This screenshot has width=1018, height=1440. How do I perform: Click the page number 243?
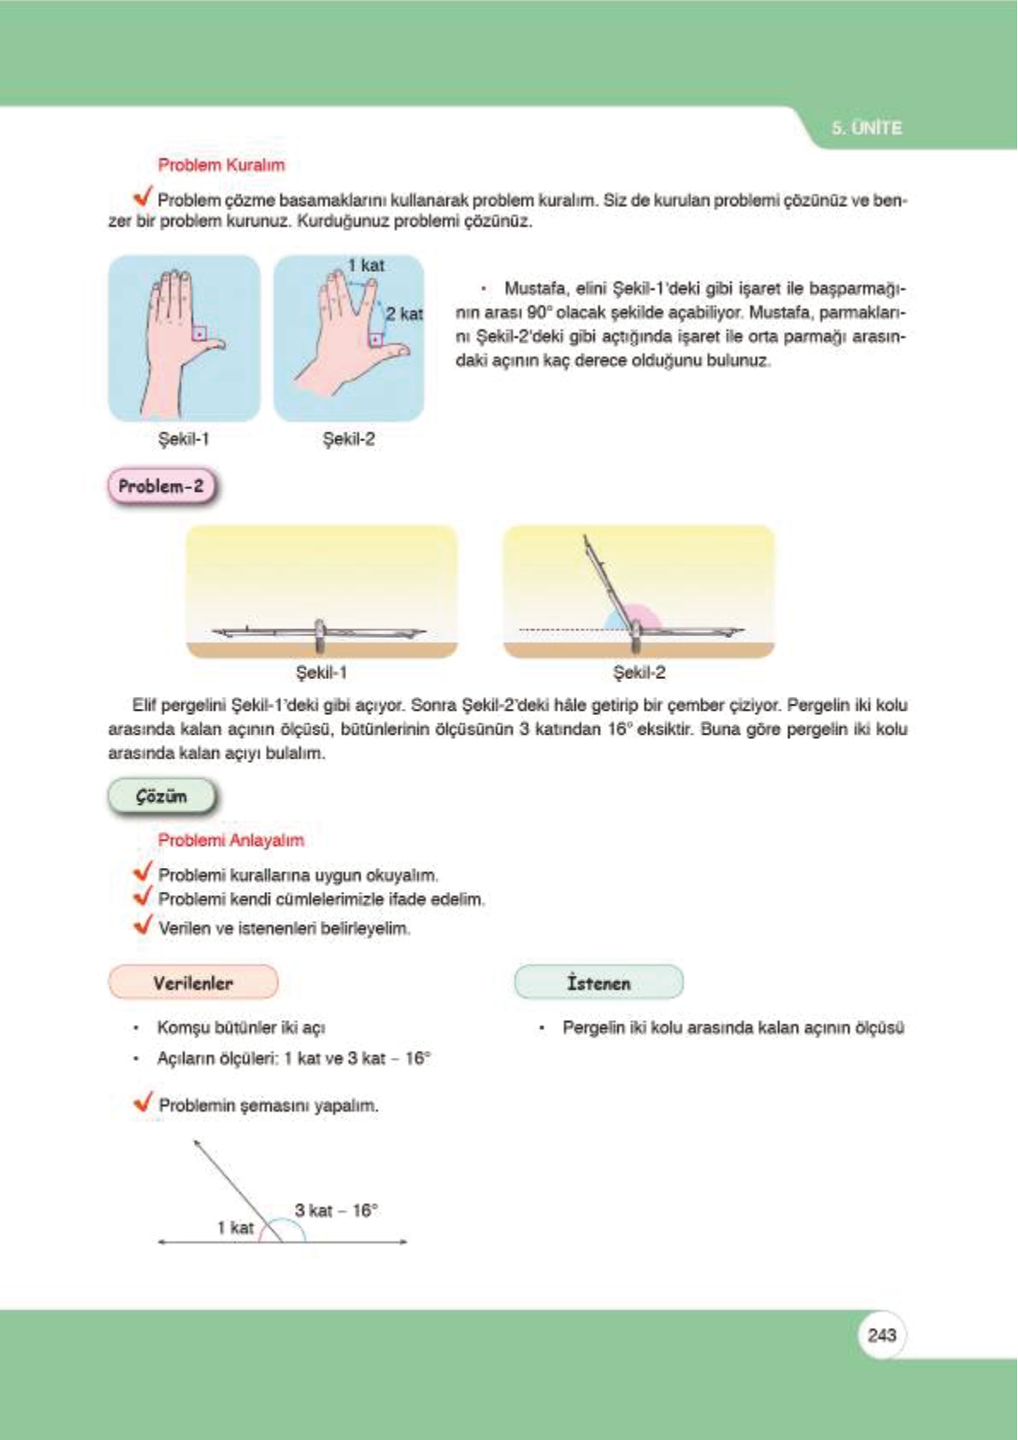pyautogui.click(x=881, y=1335)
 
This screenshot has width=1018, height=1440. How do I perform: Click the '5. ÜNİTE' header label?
pyautogui.click(x=866, y=128)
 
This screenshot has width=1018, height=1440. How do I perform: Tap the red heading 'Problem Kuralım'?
pyautogui.click(x=221, y=165)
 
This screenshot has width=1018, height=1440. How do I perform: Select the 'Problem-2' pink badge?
pyautogui.click(x=161, y=487)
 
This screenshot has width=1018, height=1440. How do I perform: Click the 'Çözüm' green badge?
pyautogui.click(x=161, y=796)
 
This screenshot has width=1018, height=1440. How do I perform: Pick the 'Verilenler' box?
pyautogui.click(x=193, y=983)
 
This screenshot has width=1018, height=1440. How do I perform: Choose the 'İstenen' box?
pyautogui.click(x=598, y=983)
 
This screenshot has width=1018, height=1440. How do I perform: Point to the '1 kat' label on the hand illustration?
pyautogui.click(x=366, y=265)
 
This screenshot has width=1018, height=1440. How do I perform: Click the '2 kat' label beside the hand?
pyautogui.click(x=403, y=314)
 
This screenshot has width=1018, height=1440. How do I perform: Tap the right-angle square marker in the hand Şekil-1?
pyautogui.click(x=199, y=333)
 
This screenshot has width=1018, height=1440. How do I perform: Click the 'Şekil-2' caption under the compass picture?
pyautogui.click(x=638, y=673)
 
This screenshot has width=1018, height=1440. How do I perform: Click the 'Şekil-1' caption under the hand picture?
pyautogui.click(x=184, y=440)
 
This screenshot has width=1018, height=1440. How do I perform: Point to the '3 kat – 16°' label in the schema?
pyautogui.click(x=336, y=1210)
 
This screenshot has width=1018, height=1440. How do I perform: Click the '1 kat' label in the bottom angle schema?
pyautogui.click(x=235, y=1227)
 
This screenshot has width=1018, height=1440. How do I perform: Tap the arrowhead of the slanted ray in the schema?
pyautogui.click(x=197, y=1143)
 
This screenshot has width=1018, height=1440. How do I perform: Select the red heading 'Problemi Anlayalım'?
pyautogui.click(x=231, y=840)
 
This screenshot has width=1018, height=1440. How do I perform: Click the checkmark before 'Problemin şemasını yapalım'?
pyautogui.click(x=144, y=1102)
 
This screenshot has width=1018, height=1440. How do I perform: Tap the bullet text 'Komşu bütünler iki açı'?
pyautogui.click(x=240, y=1027)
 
